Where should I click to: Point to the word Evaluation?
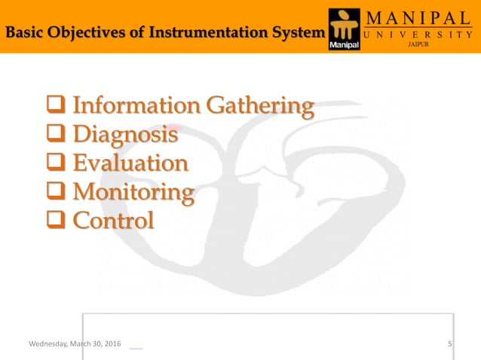click(x=130, y=163)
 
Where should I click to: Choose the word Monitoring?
click(x=133, y=192)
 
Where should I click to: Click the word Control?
click(x=113, y=220)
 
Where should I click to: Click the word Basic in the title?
click(x=23, y=32)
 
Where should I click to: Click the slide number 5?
click(x=449, y=344)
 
